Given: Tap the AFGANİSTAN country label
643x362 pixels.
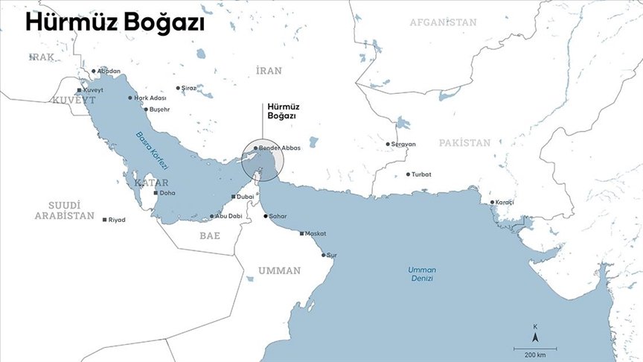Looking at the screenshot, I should point(443,22).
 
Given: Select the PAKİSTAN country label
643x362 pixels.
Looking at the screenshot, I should point(464,142).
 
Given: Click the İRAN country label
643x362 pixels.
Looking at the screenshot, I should point(269,71).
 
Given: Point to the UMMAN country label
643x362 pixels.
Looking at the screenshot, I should point(279,270).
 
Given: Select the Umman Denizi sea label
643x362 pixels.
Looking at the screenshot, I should point(420,273).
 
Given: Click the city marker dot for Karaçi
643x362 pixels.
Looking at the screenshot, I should point(492,203).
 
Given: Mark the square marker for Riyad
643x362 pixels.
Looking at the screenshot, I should point(105,220).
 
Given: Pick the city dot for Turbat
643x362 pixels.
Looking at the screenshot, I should point(408,174).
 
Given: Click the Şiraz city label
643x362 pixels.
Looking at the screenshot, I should point(189,88).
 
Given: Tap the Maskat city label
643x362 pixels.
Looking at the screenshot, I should point(316,233).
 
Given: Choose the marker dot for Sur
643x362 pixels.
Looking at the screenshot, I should point(324,255).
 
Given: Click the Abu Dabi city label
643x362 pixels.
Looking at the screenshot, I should point(230,216).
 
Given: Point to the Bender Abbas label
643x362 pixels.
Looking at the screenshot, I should point(280,148).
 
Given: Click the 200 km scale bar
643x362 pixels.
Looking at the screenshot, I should point(534,348).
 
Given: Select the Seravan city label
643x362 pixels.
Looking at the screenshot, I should point(403,144).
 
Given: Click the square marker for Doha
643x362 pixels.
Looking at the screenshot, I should point(156,193).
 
